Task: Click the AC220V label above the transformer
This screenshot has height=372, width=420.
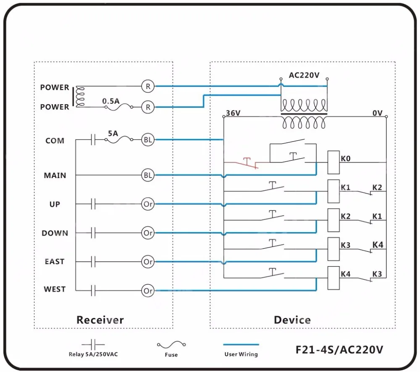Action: click(304, 76)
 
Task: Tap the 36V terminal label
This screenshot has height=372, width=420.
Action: click(233, 113)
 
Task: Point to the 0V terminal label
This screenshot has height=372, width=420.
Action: click(377, 113)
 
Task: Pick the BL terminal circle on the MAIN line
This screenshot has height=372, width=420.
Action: click(148, 176)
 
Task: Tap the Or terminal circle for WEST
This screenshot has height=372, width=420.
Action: click(148, 291)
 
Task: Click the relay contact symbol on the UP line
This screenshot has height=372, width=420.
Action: click(93, 204)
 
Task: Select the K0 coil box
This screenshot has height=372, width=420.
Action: click(333, 162)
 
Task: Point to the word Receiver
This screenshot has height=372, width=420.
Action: click(100, 320)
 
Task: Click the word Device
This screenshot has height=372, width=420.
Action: click(292, 320)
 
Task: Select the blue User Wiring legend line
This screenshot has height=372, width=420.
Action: click(241, 345)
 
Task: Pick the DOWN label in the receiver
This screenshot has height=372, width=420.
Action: click(55, 233)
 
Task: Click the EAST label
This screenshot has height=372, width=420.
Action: click(55, 262)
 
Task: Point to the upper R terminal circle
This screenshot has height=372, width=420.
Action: click(148, 86)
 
